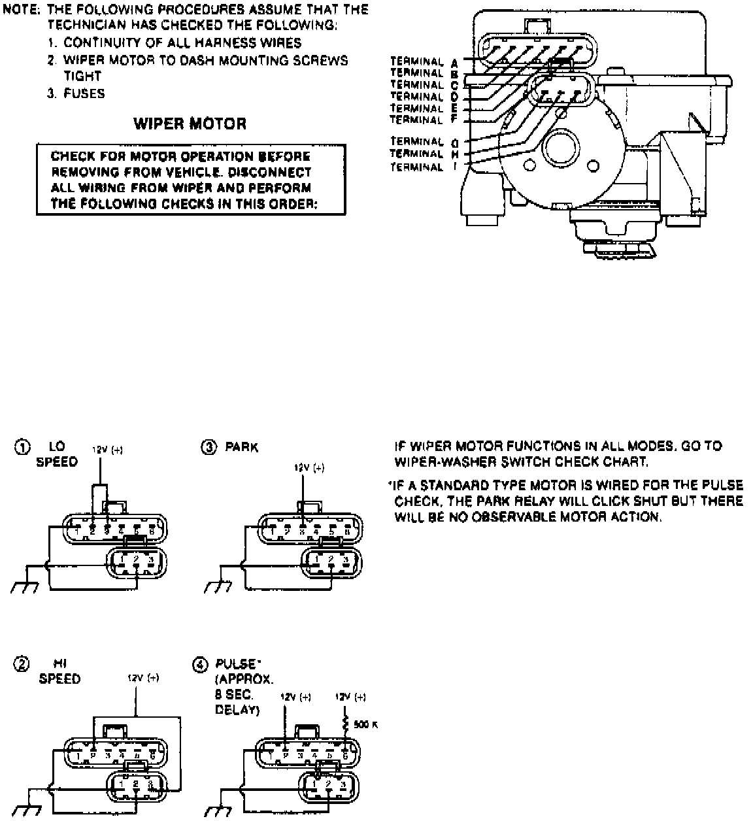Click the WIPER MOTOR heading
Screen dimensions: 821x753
tap(190, 124)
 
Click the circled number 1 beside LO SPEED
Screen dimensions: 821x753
tap(22, 447)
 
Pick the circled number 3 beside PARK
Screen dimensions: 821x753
tap(209, 447)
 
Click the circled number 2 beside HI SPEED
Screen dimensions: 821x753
tap(22, 665)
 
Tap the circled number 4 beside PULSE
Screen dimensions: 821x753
tap(200, 665)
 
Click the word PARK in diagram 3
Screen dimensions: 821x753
tap(242, 448)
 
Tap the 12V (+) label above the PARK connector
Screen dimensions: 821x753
tap(309, 467)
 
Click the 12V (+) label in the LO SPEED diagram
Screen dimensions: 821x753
tap(107, 450)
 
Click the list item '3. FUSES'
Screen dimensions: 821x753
tap(75, 93)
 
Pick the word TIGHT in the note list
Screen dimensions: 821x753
tap(82, 76)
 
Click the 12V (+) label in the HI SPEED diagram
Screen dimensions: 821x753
tap(143, 678)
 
